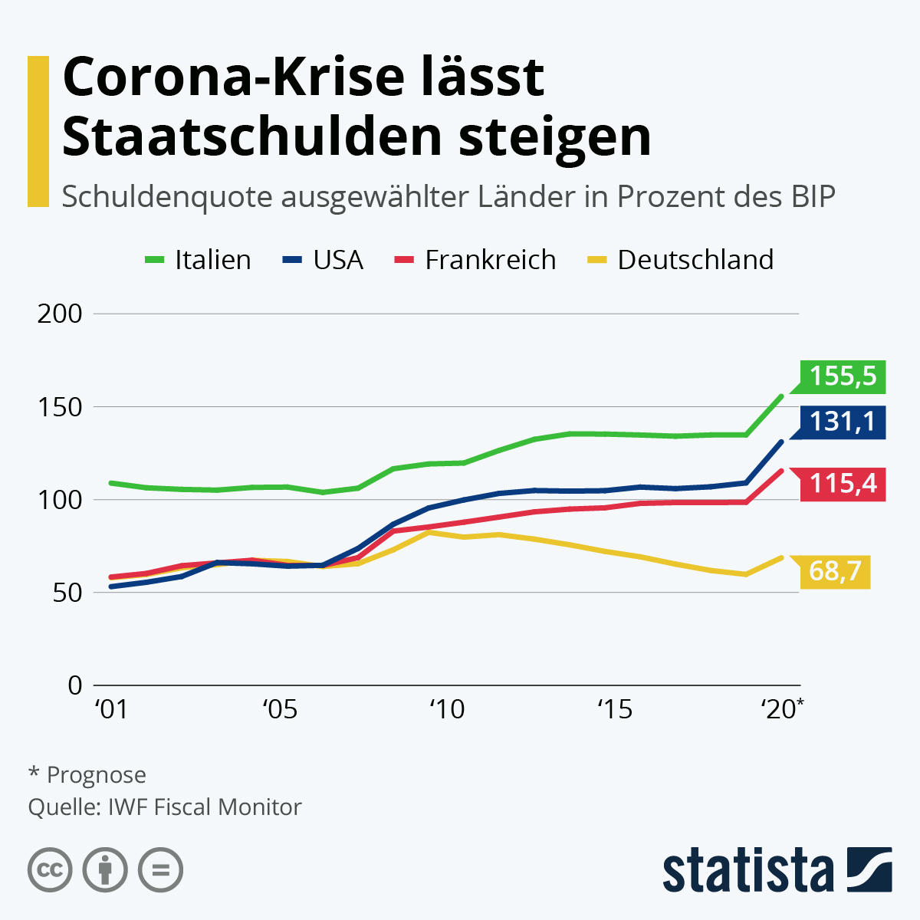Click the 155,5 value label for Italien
[843, 376]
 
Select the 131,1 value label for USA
[843, 422]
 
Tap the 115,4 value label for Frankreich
[843, 484]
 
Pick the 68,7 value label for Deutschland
[835, 571]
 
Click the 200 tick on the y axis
[60, 314]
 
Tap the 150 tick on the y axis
[60, 407]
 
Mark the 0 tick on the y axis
[74, 685]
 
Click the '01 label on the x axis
[111, 710]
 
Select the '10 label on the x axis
[447, 710]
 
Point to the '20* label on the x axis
[782, 710]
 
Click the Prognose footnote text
[96, 775]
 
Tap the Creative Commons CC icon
[50, 870]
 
